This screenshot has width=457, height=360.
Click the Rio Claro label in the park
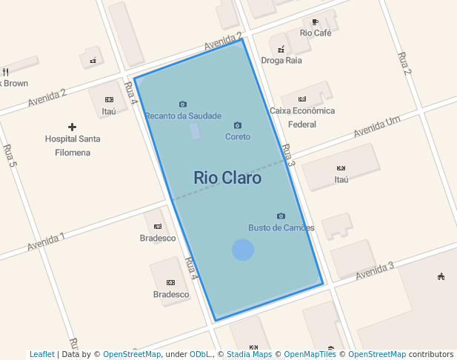(x=227, y=178)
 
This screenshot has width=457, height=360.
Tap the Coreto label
(x=238, y=137)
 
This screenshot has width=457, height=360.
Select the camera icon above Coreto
(x=238, y=125)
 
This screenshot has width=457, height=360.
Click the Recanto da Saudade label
(x=183, y=116)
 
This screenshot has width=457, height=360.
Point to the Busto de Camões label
(x=281, y=228)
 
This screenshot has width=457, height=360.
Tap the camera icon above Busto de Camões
(x=281, y=216)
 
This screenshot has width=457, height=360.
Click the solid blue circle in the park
(x=243, y=250)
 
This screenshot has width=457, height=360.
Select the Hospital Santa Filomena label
(x=73, y=146)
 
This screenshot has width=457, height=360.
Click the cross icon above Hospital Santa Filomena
(x=72, y=127)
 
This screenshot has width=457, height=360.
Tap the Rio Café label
(x=316, y=33)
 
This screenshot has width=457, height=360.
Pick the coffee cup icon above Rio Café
(x=316, y=22)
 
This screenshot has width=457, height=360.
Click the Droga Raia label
(x=281, y=61)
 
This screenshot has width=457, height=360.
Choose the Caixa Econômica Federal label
(x=302, y=118)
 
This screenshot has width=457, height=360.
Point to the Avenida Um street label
(x=376, y=127)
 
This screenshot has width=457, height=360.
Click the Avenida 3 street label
(x=374, y=270)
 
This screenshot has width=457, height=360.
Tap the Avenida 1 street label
(x=46, y=241)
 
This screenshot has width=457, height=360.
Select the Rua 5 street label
(x=9, y=156)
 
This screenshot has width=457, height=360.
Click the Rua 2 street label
(x=404, y=64)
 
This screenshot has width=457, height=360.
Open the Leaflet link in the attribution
(x=41, y=354)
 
